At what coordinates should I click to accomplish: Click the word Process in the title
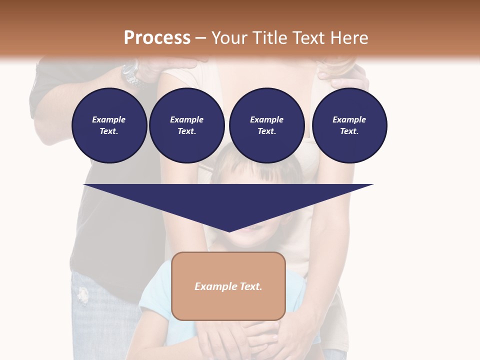pyautogui.click(x=157, y=38)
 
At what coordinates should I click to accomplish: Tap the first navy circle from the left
pyautogui.click(x=109, y=125)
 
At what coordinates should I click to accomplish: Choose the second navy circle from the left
pyautogui.click(x=186, y=125)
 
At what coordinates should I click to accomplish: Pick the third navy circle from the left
pyautogui.click(x=266, y=125)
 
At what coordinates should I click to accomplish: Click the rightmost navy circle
pyautogui.click(x=349, y=125)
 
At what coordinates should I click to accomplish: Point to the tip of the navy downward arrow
pyautogui.click(x=229, y=231)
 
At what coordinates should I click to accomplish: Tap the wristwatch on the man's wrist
pyautogui.click(x=131, y=73)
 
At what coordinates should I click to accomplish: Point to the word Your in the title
pyautogui.click(x=228, y=38)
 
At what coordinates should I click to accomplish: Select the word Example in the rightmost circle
pyautogui.click(x=349, y=119)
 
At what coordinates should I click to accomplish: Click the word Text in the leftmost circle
pyautogui.click(x=108, y=131)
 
